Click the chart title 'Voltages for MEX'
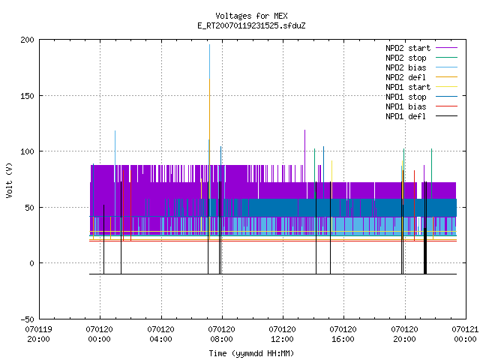pyautogui.click(x=251, y=16)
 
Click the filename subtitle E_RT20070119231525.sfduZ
pyautogui.click(x=251, y=25)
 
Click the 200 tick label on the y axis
pyautogui.click(x=27, y=40)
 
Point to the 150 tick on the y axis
pyautogui.click(x=27, y=96)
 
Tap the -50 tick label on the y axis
pyautogui.click(x=27, y=319)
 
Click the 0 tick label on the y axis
pyautogui.click(x=31, y=263)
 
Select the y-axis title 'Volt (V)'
pyautogui.click(x=9, y=180)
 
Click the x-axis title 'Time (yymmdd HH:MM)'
pyautogui.click(x=251, y=353)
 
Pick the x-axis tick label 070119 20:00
pyautogui.click(x=38, y=334)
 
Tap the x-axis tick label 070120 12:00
pyautogui.click(x=282, y=334)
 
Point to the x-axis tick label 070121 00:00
pyautogui.click(x=465, y=334)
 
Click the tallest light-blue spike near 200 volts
pyautogui.click(x=210, y=61)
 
